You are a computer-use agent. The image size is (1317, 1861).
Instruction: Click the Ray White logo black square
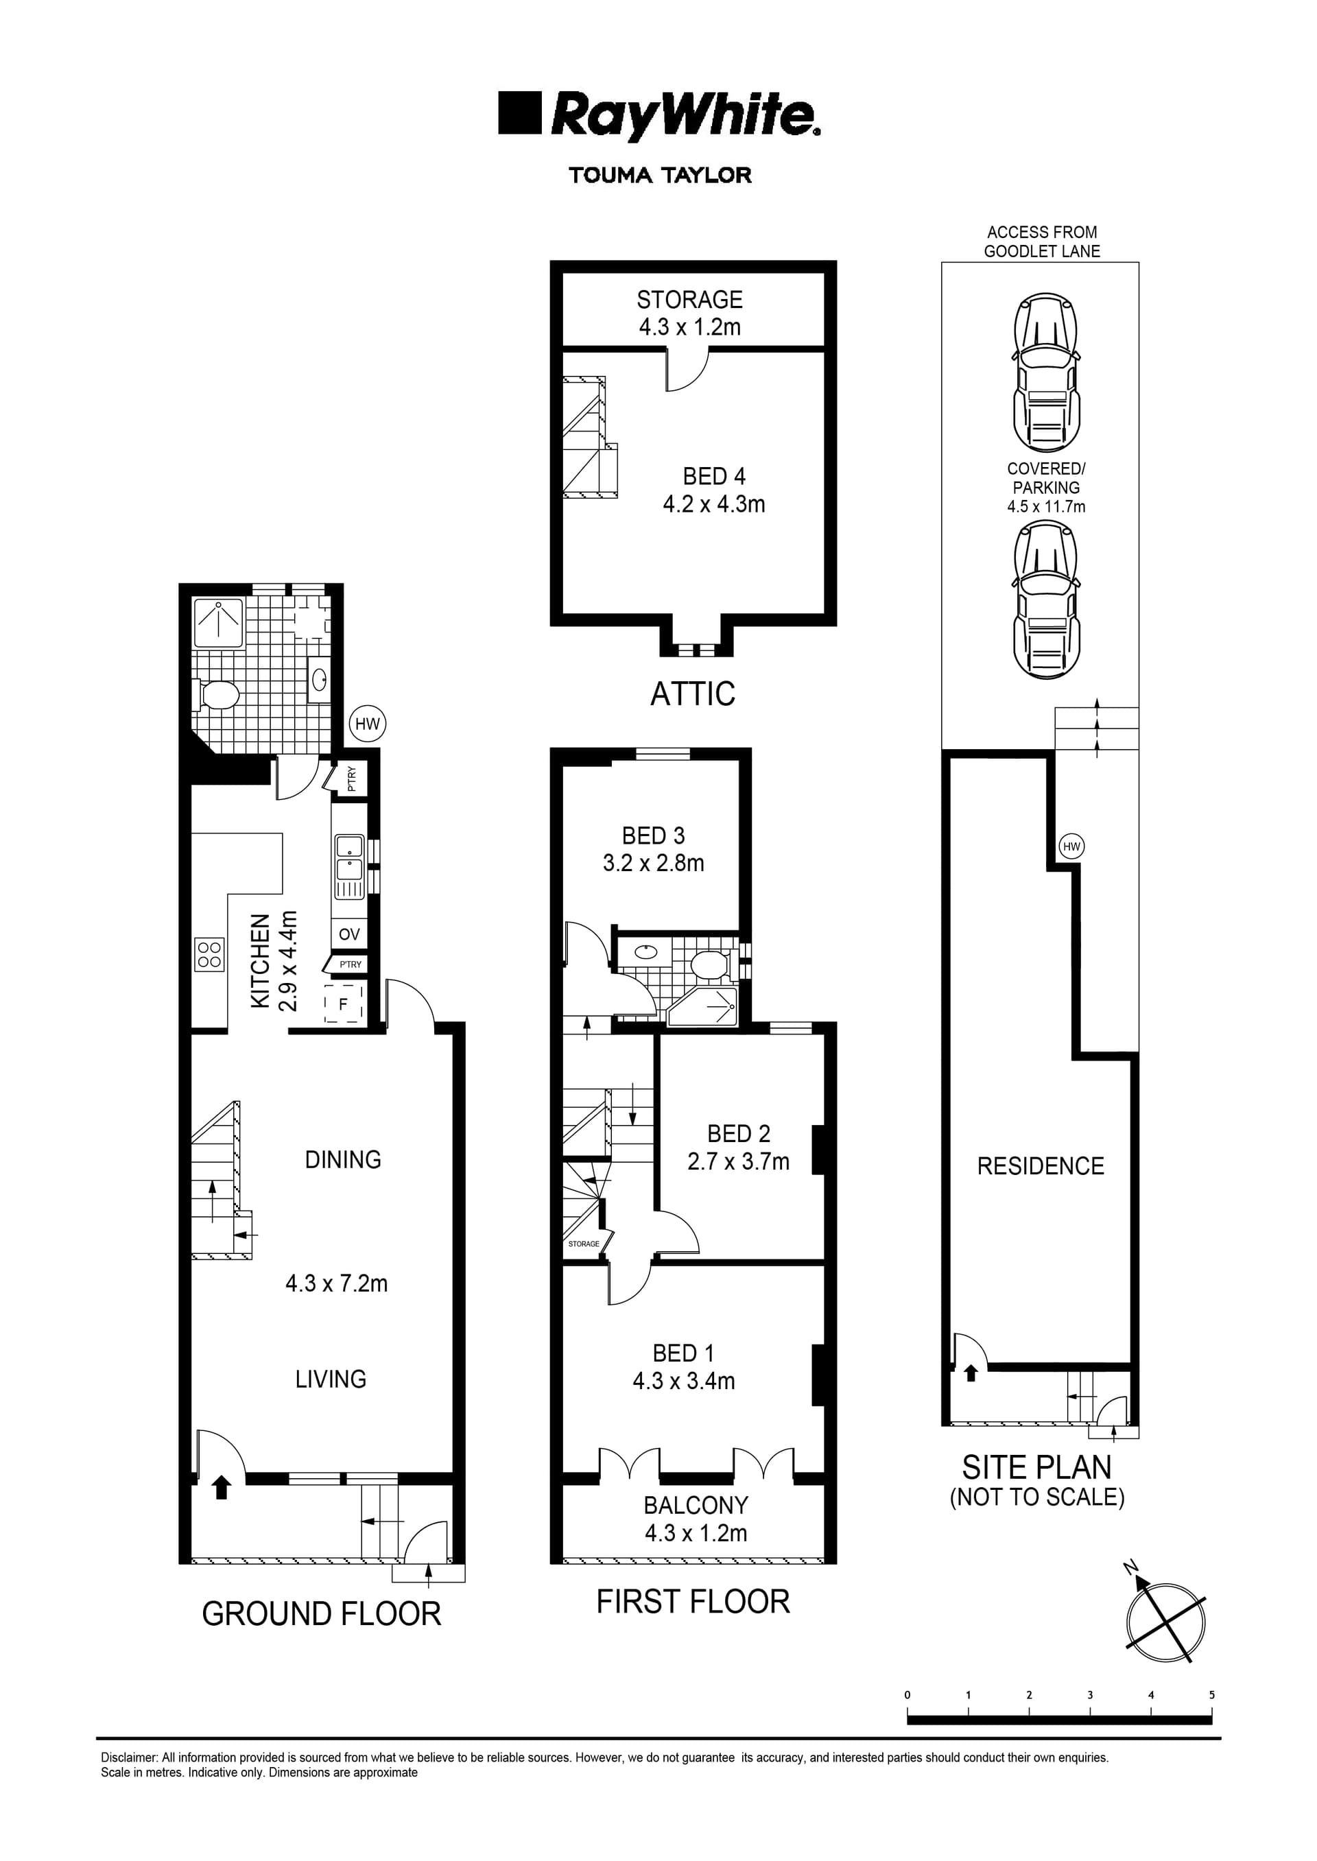pyautogui.click(x=519, y=112)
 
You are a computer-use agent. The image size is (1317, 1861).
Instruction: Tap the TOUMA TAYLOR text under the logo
pyautogui.click(x=660, y=175)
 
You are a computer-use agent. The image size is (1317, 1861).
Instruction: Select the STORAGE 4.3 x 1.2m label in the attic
pyautogui.click(x=689, y=313)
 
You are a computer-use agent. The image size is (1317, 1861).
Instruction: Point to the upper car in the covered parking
pyautogui.click(x=1046, y=372)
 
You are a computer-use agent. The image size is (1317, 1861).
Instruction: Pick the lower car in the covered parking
pyautogui.click(x=1046, y=600)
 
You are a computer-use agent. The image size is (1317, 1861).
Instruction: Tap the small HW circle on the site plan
pyautogui.click(x=1071, y=846)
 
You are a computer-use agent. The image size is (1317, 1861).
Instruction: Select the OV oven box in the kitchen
pyautogui.click(x=348, y=934)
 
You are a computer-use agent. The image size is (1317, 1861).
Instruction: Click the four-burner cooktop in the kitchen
pyautogui.click(x=209, y=953)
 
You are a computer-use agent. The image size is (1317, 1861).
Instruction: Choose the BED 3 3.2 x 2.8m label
pyautogui.click(x=653, y=849)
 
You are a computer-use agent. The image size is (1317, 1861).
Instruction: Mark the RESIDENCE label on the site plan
pyautogui.click(x=1041, y=1166)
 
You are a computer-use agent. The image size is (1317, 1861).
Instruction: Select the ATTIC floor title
pyautogui.click(x=693, y=694)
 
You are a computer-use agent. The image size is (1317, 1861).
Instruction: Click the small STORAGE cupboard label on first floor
pyautogui.click(x=583, y=1244)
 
